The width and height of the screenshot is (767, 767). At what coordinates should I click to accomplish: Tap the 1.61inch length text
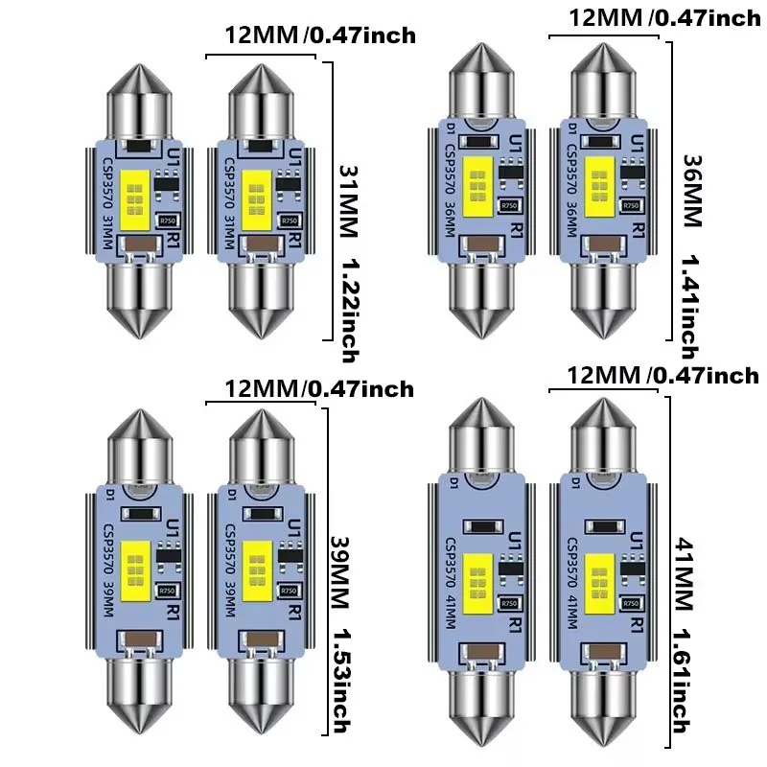(x=683, y=681)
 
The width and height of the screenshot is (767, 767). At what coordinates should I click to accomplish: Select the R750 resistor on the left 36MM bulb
(x=511, y=205)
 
